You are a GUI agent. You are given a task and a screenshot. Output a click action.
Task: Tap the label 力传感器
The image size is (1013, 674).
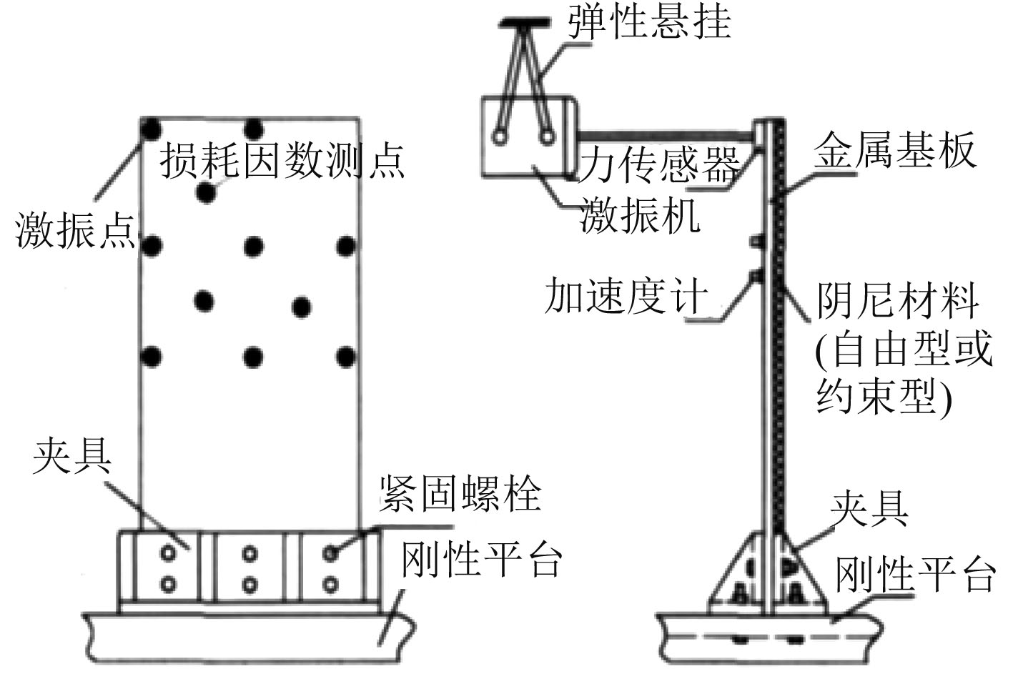click(658, 166)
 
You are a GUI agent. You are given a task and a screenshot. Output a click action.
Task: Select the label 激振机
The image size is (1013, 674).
click(640, 214)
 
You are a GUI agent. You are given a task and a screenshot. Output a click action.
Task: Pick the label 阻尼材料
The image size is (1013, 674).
click(898, 299)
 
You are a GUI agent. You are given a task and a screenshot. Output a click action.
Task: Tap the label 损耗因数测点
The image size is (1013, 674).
click(282, 160)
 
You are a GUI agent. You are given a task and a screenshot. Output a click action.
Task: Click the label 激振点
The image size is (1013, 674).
click(75, 230)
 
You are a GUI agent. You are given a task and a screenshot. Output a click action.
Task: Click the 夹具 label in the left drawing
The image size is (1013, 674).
click(71, 455)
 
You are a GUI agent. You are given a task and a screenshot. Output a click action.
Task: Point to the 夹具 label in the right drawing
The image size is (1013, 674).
click(869, 509)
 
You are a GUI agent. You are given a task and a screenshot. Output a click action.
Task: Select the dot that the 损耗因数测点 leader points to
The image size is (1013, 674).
click(206, 192)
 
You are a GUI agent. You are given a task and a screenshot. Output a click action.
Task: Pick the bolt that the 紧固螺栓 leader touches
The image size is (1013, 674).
click(330, 552)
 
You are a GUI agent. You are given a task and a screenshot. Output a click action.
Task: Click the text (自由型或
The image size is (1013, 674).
click(904, 350)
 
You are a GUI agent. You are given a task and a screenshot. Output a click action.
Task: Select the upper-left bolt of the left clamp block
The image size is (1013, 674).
click(168, 552)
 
